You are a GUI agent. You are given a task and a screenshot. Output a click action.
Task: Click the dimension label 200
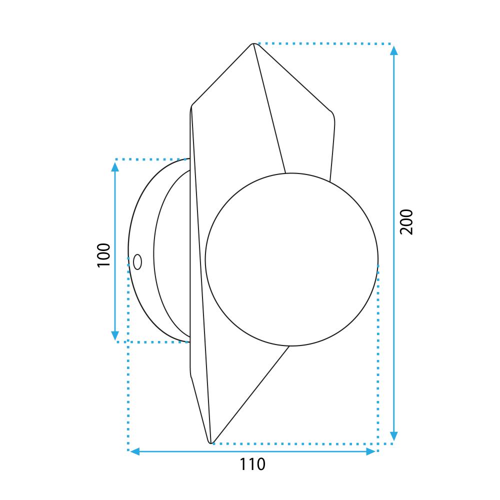point(406,221)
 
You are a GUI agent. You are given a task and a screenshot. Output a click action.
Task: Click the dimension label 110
point(251,464)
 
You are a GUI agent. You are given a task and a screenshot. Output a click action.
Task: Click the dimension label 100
point(103,254)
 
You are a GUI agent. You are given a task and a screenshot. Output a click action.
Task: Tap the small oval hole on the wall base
point(137,261)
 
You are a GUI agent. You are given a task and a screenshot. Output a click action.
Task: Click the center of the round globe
point(291,259)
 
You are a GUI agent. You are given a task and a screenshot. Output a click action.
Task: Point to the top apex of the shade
point(253,44)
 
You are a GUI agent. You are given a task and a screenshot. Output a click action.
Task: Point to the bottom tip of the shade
point(210,442)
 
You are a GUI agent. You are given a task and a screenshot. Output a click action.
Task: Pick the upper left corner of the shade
point(191,106)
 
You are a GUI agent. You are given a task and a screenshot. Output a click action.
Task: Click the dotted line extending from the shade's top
point(325,44)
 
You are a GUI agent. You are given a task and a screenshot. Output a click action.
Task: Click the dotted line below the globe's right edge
point(378,350)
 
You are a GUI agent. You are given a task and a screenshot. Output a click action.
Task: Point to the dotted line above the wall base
point(150,159)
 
